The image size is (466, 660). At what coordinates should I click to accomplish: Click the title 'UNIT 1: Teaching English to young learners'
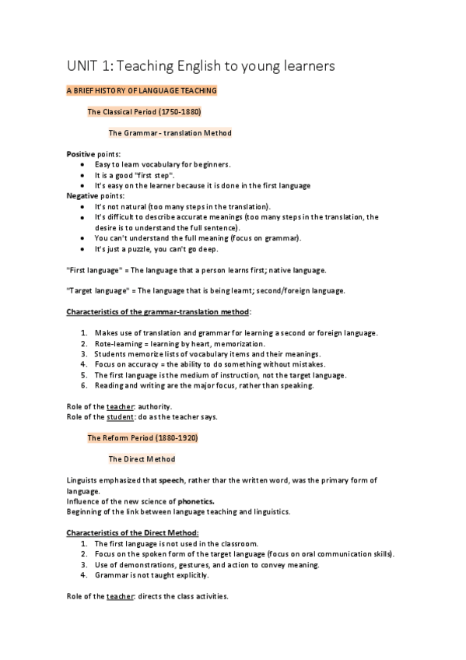[201, 67]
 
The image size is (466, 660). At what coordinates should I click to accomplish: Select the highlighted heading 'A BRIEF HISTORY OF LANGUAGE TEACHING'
[142, 91]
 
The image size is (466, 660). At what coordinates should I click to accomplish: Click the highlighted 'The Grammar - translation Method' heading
[170, 133]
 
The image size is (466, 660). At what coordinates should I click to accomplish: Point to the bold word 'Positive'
[81, 154]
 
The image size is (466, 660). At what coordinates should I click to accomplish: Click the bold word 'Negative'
[82, 196]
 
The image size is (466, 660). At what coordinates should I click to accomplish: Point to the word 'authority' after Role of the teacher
[156, 406]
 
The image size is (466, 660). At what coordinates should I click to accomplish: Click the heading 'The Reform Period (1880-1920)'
[142, 438]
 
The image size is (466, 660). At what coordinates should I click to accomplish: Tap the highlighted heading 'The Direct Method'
[142, 459]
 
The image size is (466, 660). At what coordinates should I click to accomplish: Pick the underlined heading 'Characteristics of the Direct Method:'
[132, 532]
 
